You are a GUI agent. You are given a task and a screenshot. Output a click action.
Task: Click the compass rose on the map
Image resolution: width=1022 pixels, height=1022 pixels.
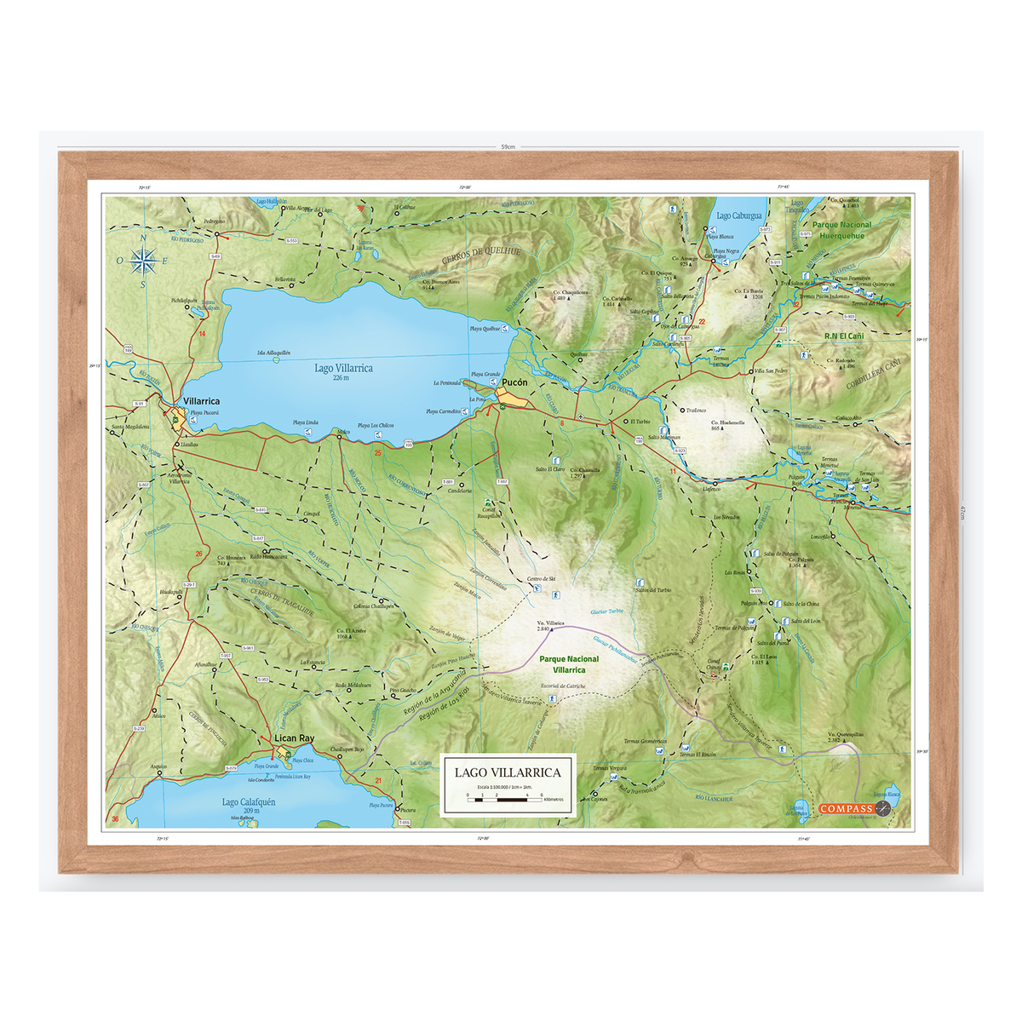point(142,261)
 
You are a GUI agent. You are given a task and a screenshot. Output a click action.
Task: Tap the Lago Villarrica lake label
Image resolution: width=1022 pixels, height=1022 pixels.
point(343,369)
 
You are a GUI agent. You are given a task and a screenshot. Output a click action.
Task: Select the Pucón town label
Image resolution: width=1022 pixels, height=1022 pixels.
point(514,383)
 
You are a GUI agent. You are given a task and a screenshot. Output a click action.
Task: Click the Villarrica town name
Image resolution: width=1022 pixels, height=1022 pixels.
point(201,401)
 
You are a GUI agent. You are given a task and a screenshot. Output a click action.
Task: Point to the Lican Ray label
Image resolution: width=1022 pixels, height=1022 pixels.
point(294,738)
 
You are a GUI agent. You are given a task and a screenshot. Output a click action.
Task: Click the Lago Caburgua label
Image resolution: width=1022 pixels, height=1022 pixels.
point(738,216)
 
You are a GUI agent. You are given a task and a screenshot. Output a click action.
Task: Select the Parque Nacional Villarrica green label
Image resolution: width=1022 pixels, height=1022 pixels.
point(569,664)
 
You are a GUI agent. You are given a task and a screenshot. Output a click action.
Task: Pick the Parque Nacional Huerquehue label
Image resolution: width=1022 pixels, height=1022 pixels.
point(841,231)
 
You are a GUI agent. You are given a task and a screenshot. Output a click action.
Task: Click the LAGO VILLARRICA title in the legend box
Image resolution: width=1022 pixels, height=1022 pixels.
point(508,772)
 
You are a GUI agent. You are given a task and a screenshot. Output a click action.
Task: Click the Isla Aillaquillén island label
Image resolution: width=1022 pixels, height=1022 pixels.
point(273,353)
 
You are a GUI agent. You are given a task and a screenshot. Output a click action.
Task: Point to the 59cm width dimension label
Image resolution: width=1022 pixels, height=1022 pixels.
point(508,146)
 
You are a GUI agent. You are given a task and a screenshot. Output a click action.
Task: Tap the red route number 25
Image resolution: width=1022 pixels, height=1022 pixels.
point(377,453)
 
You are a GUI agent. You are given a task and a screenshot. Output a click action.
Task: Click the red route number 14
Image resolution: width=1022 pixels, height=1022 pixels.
point(202,334)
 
